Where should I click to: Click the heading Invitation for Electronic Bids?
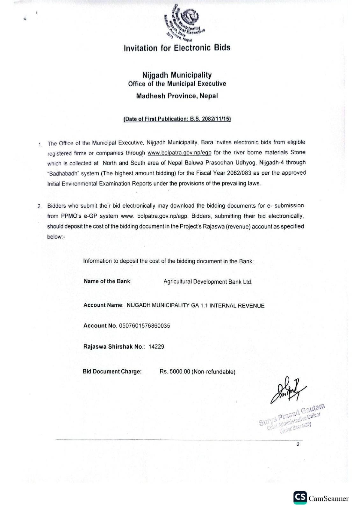(x=177, y=48)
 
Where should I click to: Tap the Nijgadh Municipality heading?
(x=177, y=75)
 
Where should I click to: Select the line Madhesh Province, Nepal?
(x=177, y=96)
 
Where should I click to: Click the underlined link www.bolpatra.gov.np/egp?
(x=179, y=153)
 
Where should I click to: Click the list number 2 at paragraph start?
(x=40, y=206)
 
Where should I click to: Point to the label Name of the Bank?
(x=107, y=281)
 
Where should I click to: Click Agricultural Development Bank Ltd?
(x=208, y=282)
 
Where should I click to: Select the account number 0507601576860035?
(x=144, y=326)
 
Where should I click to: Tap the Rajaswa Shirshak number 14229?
(x=156, y=347)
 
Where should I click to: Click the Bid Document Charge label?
(x=112, y=371)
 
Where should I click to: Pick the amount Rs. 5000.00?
(x=175, y=372)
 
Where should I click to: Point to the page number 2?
(x=298, y=444)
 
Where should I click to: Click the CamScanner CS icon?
(x=300, y=498)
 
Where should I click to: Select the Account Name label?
(x=103, y=305)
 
